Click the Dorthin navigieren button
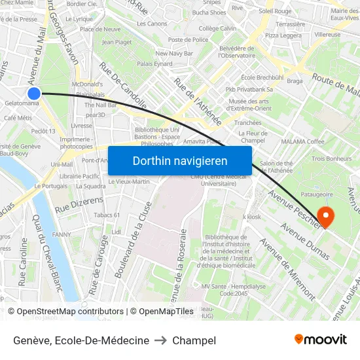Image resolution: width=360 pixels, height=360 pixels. coord(180,160)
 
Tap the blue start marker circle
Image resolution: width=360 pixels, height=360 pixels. coord(35,94)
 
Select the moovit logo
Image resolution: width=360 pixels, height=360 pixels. coord(321,339)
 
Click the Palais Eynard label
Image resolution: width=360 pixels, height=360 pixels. coord(154,64)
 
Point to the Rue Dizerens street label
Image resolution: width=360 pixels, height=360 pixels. coord(80,204)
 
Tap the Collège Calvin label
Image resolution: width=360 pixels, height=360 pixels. coord(217,29)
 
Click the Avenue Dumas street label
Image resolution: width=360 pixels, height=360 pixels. coord(305,241)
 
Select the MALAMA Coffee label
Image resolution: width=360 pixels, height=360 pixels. coord(302,141)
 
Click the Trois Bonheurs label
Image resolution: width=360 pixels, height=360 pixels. coord(331,158)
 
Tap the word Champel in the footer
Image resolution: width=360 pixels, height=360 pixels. coord(194,340)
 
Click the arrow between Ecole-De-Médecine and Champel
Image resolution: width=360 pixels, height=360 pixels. coord(160,340)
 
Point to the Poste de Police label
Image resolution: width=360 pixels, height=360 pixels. coord(188,40)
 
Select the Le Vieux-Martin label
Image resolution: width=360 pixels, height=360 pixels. coord(129,181)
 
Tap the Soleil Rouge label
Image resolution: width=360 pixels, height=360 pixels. coord(275,11)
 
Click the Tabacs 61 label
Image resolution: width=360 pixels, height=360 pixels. coord(107,215)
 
